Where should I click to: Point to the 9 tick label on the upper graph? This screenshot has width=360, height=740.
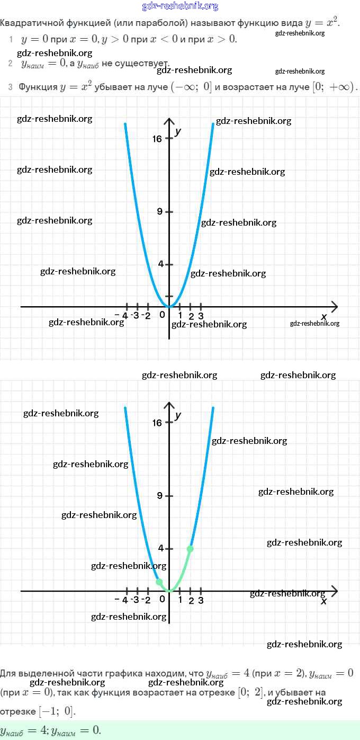[159, 212]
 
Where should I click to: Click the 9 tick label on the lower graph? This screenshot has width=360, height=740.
[159, 496]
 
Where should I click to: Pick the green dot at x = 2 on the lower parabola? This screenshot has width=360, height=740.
[191, 549]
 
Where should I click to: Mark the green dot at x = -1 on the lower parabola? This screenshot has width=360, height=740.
[159, 582]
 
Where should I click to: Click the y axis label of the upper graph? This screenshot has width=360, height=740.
[178, 131]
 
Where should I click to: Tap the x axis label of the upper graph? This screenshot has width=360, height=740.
[324, 316]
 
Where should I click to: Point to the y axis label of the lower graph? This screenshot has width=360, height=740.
[178, 415]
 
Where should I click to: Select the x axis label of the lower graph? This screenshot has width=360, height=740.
[324, 601]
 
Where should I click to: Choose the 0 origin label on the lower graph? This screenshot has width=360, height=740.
[162, 600]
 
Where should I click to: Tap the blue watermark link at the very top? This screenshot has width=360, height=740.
[180, 6]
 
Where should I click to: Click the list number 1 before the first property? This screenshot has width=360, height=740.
[11, 39]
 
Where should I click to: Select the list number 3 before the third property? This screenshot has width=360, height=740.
[10, 87]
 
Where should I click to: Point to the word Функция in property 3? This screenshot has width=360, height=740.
[38, 87]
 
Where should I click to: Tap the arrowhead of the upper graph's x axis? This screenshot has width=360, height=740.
[335, 307]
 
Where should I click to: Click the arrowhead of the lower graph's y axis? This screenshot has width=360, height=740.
[169, 405]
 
